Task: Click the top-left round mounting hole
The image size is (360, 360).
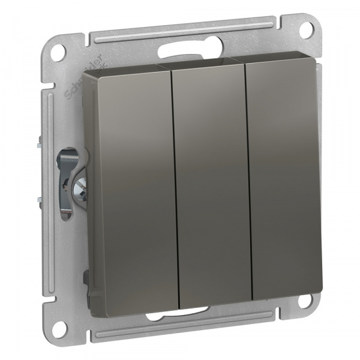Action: (57, 52)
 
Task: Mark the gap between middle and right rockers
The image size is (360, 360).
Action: (248, 180)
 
